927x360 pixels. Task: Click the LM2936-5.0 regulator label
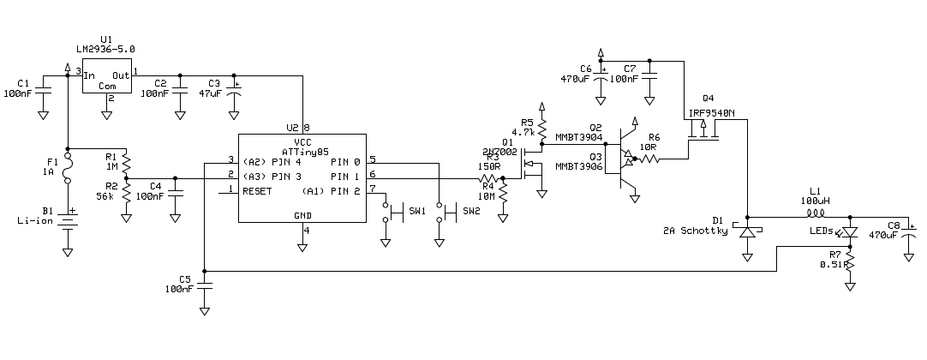click(x=106, y=50)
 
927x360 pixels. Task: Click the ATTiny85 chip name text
click(x=302, y=152)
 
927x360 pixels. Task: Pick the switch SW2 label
click(x=472, y=210)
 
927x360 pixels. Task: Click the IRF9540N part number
click(x=711, y=112)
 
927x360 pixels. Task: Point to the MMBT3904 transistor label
click(x=578, y=136)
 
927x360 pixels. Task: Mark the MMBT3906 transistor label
click(x=578, y=165)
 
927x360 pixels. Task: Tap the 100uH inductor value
click(x=815, y=200)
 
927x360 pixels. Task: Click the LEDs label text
click(x=822, y=230)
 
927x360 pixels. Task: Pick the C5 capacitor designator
click(x=185, y=279)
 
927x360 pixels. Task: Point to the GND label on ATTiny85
click(x=302, y=215)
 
